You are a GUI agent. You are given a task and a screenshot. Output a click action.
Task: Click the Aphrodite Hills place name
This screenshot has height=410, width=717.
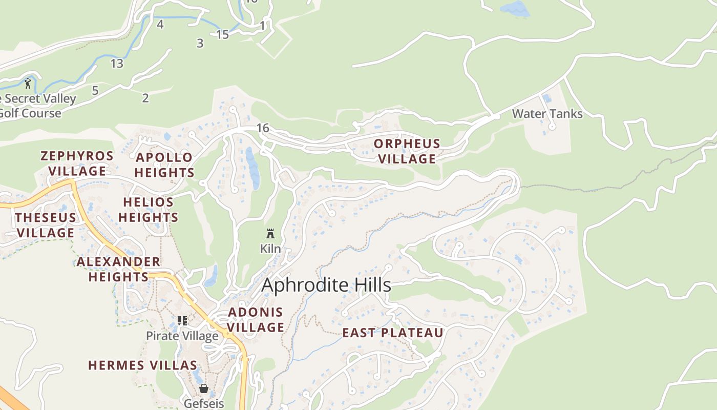(x=326, y=285)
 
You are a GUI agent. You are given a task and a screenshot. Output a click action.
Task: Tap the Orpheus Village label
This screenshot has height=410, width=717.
(x=407, y=151)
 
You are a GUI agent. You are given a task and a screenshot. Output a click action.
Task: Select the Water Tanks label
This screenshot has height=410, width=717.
(x=547, y=114)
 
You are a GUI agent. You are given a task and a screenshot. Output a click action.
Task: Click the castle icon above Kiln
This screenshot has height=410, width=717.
(x=270, y=234)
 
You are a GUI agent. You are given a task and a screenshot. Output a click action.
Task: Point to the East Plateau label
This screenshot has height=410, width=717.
(x=392, y=333)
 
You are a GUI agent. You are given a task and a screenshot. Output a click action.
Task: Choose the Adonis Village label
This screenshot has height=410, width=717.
(x=256, y=319)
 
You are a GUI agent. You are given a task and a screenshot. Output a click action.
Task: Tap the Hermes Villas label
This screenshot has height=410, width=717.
(x=142, y=365)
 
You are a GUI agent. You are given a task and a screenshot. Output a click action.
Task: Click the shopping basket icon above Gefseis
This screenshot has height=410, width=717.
(x=204, y=388)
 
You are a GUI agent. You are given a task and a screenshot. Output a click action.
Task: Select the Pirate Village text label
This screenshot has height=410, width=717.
(x=182, y=336)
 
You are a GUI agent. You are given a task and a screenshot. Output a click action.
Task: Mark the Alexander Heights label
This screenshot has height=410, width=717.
(x=118, y=269)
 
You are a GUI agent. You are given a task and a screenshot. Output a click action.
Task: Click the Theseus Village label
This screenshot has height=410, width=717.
(x=45, y=225)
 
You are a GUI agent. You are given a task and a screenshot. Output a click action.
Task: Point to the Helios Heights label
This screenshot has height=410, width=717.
(x=149, y=210)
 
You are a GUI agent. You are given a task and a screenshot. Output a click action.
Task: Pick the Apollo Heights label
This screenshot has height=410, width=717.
(x=164, y=165)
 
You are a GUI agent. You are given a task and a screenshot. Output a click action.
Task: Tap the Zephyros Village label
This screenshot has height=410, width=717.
(x=77, y=163)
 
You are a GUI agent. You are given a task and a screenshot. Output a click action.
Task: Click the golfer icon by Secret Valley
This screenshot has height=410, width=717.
(x=28, y=83)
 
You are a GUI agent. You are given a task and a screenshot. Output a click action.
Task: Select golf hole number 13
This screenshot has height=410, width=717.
(x=117, y=64)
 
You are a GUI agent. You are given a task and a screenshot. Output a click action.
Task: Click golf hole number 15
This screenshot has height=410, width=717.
(x=222, y=35)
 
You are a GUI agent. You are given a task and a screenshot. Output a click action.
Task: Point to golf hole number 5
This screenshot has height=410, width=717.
(x=95, y=91)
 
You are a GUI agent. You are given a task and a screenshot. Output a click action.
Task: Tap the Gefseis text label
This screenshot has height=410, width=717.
(x=204, y=403)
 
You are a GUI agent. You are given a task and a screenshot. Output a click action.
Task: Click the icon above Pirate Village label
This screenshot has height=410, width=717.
(x=182, y=321)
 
